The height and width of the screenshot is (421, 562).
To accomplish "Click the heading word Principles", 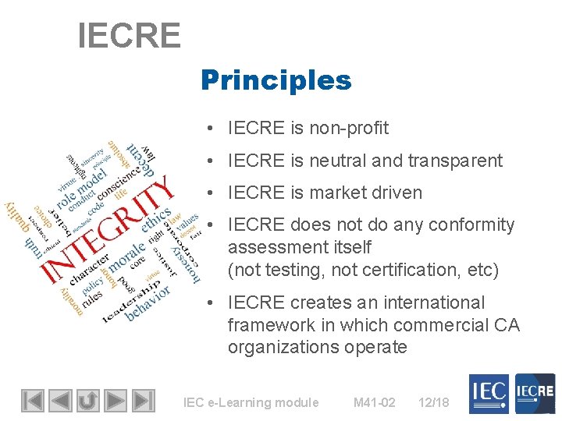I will click(x=276, y=80).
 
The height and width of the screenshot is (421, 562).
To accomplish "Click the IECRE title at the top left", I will click(x=129, y=35).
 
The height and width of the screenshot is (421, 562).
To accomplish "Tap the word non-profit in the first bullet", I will click(x=348, y=128).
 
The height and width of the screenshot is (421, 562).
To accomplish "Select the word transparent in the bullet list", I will click(x=454, y=161).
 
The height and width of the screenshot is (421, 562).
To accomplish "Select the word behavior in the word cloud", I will click(x=148, y=303).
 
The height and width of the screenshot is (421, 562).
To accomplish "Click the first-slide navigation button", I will click(x=32, y=401).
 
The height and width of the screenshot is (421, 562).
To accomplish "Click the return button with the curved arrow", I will click(x=87, y=401).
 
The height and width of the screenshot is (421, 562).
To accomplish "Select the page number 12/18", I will click(x=433, y=402).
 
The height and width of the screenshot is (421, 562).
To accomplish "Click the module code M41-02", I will click(x=374, y=402).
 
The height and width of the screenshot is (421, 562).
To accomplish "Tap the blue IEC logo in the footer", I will click(x=489, y=394).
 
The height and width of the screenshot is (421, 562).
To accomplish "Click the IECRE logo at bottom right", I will click(x=534, y=394).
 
